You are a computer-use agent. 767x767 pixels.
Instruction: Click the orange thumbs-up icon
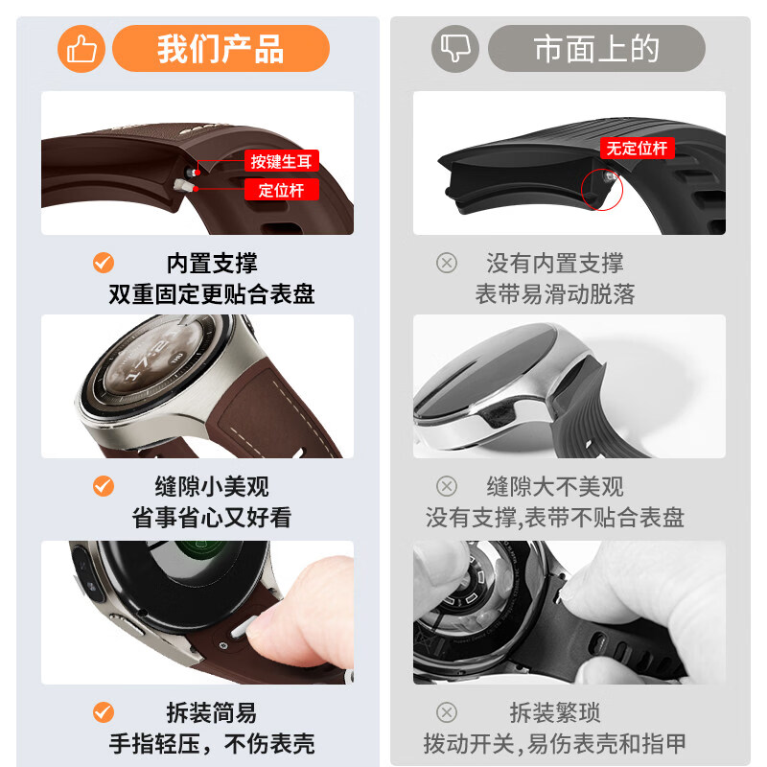coord(81,49)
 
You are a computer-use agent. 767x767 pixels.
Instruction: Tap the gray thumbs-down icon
coord(454,49)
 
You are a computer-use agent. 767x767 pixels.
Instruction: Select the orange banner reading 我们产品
coord(221,49)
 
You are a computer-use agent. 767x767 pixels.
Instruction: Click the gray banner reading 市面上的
coord(596,49)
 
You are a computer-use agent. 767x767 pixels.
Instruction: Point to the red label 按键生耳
coord(281,161)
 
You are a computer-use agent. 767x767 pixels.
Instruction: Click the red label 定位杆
coord(281,189)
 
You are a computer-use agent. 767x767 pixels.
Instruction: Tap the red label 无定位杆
coord(637,148)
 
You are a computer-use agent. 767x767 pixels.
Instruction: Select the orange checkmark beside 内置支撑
coord(104,263)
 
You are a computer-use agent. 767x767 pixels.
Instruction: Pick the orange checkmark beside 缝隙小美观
coord(104,486)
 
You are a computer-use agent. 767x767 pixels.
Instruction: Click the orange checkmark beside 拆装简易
coord(104,712)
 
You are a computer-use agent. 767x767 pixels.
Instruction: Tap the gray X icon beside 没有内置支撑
coord(447,263)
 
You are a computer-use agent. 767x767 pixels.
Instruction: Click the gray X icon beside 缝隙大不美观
coord(447,486)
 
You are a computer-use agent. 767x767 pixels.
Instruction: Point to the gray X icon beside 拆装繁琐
coord(447,712)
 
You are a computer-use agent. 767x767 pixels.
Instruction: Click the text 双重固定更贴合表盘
coord(212,294)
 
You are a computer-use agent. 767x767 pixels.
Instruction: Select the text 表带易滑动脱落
coord(555,294)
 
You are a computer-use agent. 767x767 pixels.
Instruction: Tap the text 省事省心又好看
coord(212,518)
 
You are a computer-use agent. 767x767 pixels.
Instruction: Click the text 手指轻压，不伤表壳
coord(212,744)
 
